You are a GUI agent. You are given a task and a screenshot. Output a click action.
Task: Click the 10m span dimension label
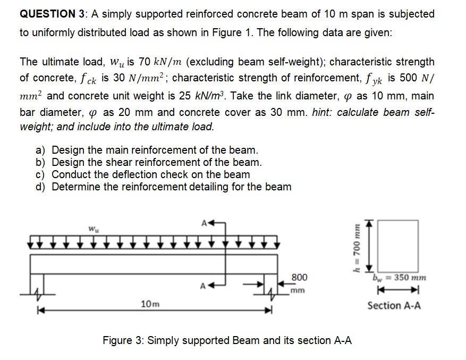coord(149,304)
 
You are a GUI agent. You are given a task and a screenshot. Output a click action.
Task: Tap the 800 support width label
coord(299,278)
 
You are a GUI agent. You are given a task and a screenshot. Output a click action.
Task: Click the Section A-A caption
coord(394,305)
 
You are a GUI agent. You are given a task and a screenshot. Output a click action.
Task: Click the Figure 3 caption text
coord(227,340)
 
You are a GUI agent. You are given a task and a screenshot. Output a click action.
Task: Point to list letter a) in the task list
coord(40,150)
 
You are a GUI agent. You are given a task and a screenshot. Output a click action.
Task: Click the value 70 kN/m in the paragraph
coord(160,62)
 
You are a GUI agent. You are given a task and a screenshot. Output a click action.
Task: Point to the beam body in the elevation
coord(154,264)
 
